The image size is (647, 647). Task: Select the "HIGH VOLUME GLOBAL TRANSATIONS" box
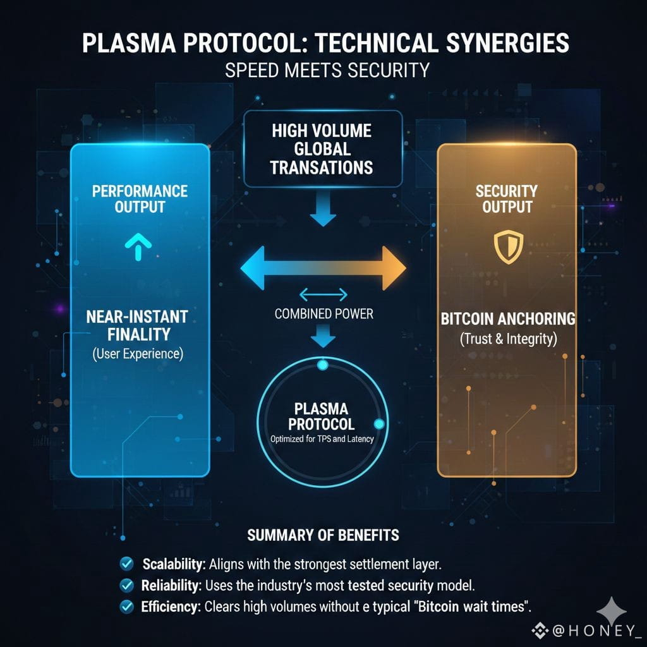[x=322, y=149]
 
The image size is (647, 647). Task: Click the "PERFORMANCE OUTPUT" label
[x=140, y=198]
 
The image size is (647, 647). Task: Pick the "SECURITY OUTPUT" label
[x=506, y=198]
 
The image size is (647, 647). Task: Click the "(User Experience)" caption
[x=137, y=354]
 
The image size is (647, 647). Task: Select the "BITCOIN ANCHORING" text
[x=507, y=318]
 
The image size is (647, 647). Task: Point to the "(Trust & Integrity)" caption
[x=507, y=339]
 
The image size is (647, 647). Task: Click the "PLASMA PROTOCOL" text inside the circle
[x=321, y=416]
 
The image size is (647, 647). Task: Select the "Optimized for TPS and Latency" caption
[x=322, y=439]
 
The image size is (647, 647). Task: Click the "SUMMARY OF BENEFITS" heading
[x=323, y=536]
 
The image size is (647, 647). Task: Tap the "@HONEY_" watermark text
[x=591, y=630]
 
